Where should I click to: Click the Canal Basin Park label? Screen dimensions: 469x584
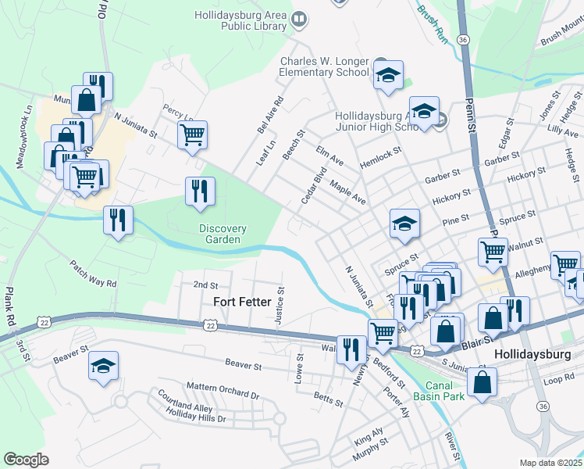[446, 391]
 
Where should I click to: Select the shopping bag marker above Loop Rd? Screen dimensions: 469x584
[483, 382]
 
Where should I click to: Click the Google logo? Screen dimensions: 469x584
[26, 460]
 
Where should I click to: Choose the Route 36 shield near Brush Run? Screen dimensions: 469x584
[464, 38]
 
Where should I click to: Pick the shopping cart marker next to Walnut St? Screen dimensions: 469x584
[493, 252]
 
